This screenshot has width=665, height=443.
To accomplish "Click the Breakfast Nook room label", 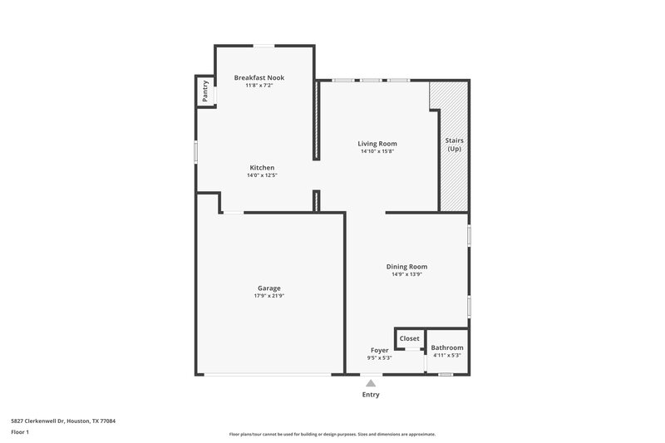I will [264, 77].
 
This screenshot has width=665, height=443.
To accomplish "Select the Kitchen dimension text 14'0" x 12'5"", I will [261, 175].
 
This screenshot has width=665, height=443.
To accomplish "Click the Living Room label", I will [377, 143].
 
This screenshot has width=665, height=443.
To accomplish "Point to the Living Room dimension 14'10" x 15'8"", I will [377, 151].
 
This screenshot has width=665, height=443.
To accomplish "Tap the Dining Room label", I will [406, 266].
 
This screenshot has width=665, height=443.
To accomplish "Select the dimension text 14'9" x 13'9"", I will [406, 274].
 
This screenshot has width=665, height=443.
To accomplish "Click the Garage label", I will [268, 288].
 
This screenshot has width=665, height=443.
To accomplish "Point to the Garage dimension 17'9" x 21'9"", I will [268, 296].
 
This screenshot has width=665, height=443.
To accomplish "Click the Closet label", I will [409, 338].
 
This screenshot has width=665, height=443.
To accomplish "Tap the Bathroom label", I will [447, 347].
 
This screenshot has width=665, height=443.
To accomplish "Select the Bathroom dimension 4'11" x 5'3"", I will [447, 356].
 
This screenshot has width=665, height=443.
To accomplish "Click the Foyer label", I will [379, 350].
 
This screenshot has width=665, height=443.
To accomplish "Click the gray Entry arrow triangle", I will [371, 383].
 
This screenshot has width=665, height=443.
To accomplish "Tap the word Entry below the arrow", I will [371, 395].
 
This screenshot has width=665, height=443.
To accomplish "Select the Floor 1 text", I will [19, 432].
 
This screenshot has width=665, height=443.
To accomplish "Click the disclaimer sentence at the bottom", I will [332, 434].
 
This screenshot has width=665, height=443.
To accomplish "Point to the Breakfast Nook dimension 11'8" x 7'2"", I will [264, 86].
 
